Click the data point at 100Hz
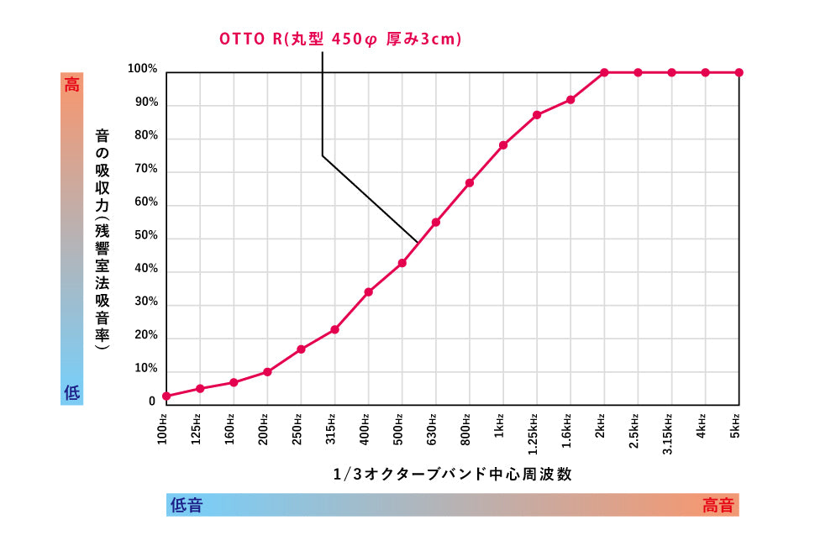pos(166,396)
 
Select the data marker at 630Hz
pos(436,223)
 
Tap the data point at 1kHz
pos(503,145)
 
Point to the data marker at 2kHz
pos(604,72)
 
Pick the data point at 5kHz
pos(739,72)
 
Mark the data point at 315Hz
pos(334,329)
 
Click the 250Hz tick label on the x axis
pos(298,428)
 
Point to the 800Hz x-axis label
pos(466,428)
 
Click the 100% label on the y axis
pos(143,69)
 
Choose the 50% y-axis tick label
pos(146,236)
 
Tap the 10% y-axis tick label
pos(146,369)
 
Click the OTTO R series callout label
pos(340,39)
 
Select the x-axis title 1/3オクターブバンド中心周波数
pos(452,474)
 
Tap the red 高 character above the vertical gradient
pos(72,84)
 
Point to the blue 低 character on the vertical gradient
pos(72,392)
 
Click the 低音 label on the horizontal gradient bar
pos(187,505)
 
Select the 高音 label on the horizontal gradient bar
pos(718,505)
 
